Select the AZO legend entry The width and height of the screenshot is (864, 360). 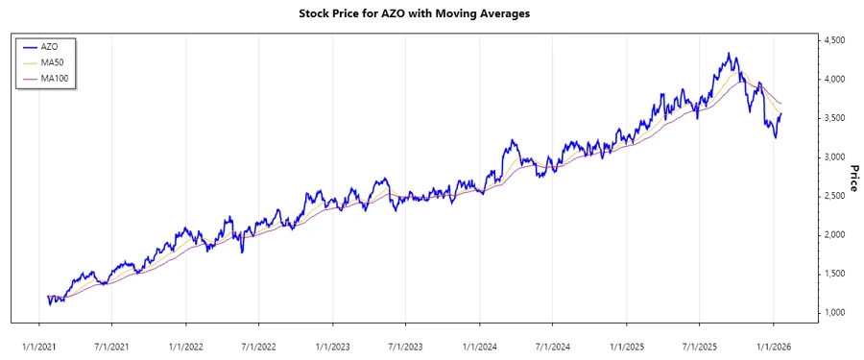50,46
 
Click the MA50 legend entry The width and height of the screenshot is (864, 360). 52,62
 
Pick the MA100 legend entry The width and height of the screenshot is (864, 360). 54,79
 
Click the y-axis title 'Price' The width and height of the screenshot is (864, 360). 853,178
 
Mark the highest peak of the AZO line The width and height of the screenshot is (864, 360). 729,54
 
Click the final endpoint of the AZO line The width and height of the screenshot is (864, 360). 781,113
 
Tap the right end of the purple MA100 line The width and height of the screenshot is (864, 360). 781,104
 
